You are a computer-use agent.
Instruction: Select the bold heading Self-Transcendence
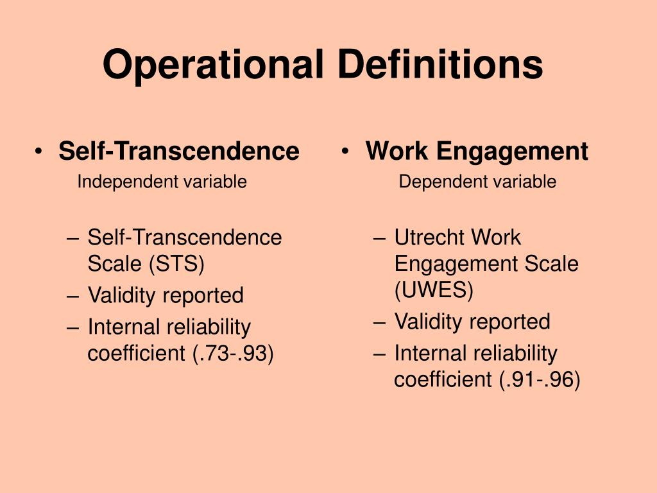click(x=178, y=151)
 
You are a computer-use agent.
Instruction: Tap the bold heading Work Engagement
click(x=477, y=151)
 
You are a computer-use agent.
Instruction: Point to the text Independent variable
click(x=162, y=182)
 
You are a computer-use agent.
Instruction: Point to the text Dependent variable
click(x=477, y=182)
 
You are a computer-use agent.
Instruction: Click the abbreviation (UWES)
click(x=434, y=290)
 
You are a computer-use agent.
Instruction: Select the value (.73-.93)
click(x=233, y=354)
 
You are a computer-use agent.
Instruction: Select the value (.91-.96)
click(x=540, y=380)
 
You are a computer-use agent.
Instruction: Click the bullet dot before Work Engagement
click(x=346, y=152)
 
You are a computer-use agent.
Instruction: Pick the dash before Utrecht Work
click(x=379, y=238)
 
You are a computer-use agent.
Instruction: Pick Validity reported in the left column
click(x=166, y=295)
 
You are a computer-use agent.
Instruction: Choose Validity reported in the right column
click(x=472, y=321)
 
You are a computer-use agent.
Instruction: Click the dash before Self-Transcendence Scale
click(x=73, y=238)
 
